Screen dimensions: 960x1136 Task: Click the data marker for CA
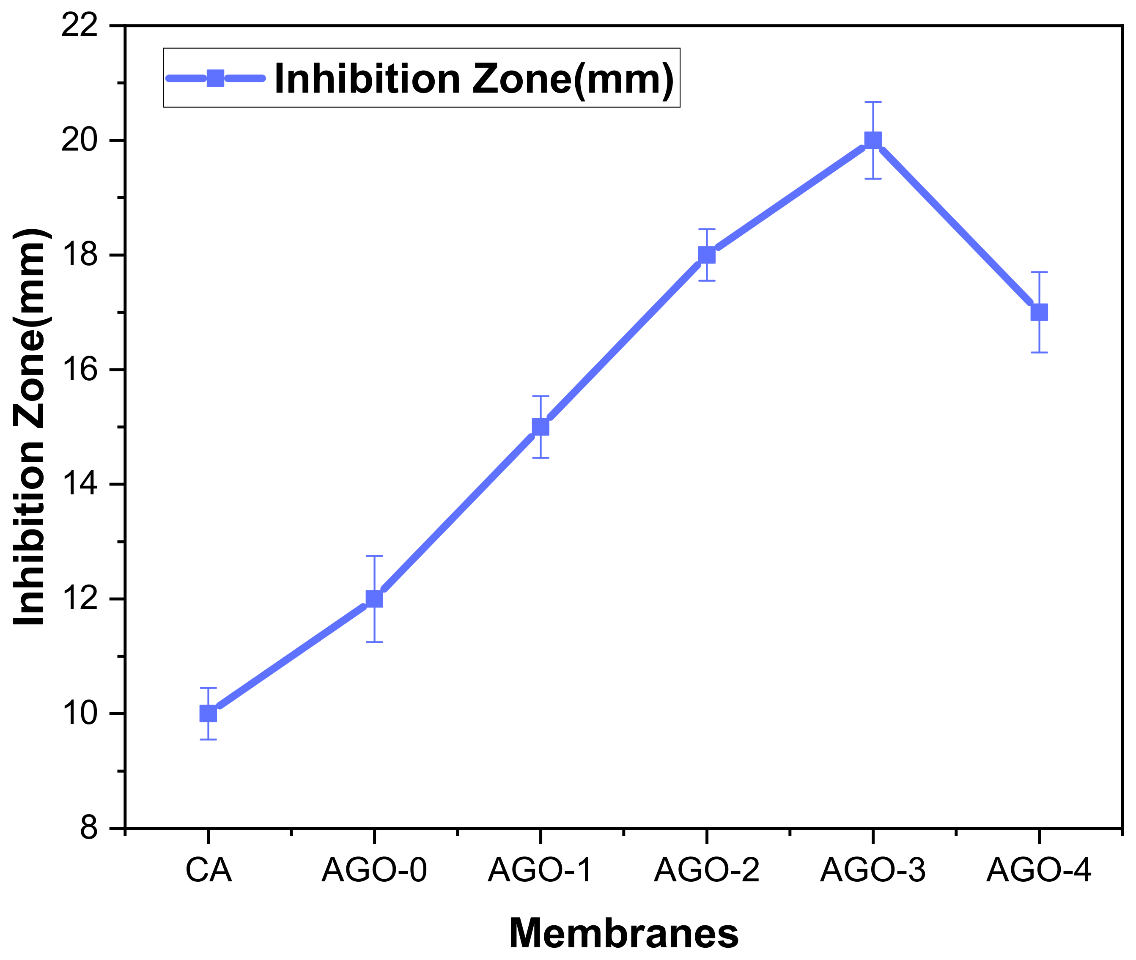pos(208,713)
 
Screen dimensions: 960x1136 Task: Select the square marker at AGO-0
pos(374,599)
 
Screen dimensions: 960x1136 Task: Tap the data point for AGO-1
pos(541,427)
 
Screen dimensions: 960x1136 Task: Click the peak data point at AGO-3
pos(873,140)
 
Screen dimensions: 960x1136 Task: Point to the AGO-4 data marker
pos(1039,313)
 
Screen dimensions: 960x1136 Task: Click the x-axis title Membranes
pos(624,934)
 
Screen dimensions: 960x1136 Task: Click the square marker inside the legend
pos(216,78)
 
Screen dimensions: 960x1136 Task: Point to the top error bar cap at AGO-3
pos(873,102)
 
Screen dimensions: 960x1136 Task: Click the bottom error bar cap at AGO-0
pos(374,642)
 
